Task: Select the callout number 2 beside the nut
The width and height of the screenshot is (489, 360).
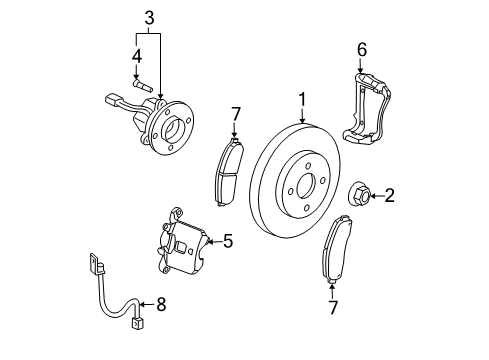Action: pos(389,195)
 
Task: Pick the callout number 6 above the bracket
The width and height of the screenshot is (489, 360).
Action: pos(362,49)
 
